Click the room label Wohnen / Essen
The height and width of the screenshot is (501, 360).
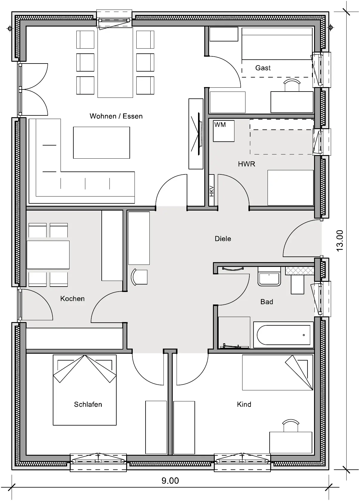pyautogui.click(x=116, y=116)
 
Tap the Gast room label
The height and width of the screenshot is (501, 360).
pyautogui.click(x=263, y=68)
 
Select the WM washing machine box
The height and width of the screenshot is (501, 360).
pyautogui.click(x=223, y=131)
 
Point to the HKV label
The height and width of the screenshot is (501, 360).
pyautogui.click(x=211, y=191)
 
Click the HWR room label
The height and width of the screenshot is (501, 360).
pyautogui.click(x=247, y=164)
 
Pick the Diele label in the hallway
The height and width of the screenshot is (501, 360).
pyautogui.click(x=223, y=239)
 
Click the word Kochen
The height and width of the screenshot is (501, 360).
pyautogui.click(x=72, y=299)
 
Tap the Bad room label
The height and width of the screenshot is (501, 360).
pyautogui.click(x=267, y=302)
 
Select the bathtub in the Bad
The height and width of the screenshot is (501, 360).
pyautogui.click(x=283, y=335)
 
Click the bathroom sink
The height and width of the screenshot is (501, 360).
pyautogui.click(x=269, y=276)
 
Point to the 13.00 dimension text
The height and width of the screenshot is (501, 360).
pyautogui.click(x=340, y=241)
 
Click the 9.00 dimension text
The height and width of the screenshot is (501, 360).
pyautogui.click(x=170, y=481)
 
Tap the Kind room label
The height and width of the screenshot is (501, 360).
pyautogui.click(x=244, y=404)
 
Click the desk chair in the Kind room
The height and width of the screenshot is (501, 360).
pyautogui.click(x=291, y=426)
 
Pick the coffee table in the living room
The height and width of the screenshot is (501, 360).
pyautogui.click(x=101, y=143)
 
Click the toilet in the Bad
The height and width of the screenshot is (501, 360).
pyautogui.click(x=297, y=282)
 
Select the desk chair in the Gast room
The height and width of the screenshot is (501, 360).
pyautogui.click(x=292, y=85)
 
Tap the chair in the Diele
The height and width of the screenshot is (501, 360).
pyautogui.click(x=139, y=277)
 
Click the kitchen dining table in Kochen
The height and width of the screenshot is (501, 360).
pyautogui.click(x=48, y=255)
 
